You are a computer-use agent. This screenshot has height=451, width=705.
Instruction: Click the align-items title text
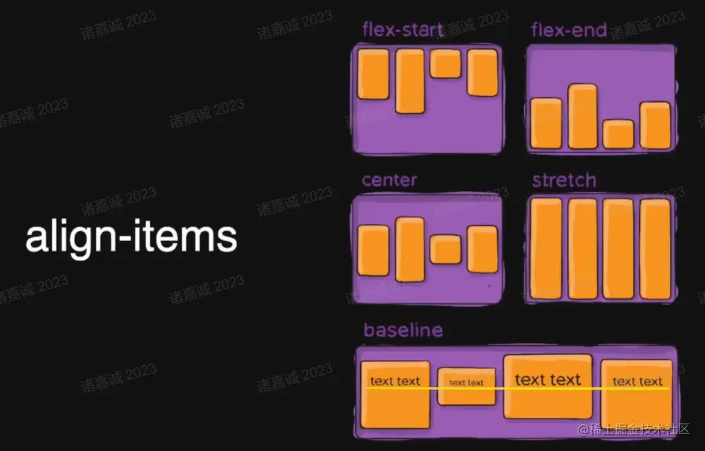coord(131,237)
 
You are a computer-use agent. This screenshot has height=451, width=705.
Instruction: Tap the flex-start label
coord(403,30)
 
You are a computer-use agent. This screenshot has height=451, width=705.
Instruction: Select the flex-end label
coord(569,30)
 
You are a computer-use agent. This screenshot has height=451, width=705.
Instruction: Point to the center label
coord(389,180)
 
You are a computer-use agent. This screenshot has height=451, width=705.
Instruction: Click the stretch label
coord(564,180)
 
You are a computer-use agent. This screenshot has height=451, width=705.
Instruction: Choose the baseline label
coord(403,330)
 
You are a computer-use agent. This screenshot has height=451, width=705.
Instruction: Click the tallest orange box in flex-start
coord(410,80)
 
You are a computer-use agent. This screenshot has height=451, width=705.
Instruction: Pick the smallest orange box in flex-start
coord(446,64)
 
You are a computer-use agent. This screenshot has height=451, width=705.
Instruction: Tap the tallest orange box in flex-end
coord(582,116)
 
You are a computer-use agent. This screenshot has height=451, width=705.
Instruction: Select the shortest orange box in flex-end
coord(618,134)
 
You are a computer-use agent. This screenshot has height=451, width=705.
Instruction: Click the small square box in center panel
coord(446,249)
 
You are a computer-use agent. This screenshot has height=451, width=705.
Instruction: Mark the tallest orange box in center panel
coord(410,249)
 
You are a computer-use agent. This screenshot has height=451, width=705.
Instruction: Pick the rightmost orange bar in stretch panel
coord(655,248)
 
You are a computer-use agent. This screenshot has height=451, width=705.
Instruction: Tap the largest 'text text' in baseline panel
coord(548,380)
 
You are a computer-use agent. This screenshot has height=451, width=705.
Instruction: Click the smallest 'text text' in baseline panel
coord(467,383)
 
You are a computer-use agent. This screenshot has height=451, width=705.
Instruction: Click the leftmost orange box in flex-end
coord(546,124)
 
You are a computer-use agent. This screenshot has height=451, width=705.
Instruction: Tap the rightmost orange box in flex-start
coord(482,72)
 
